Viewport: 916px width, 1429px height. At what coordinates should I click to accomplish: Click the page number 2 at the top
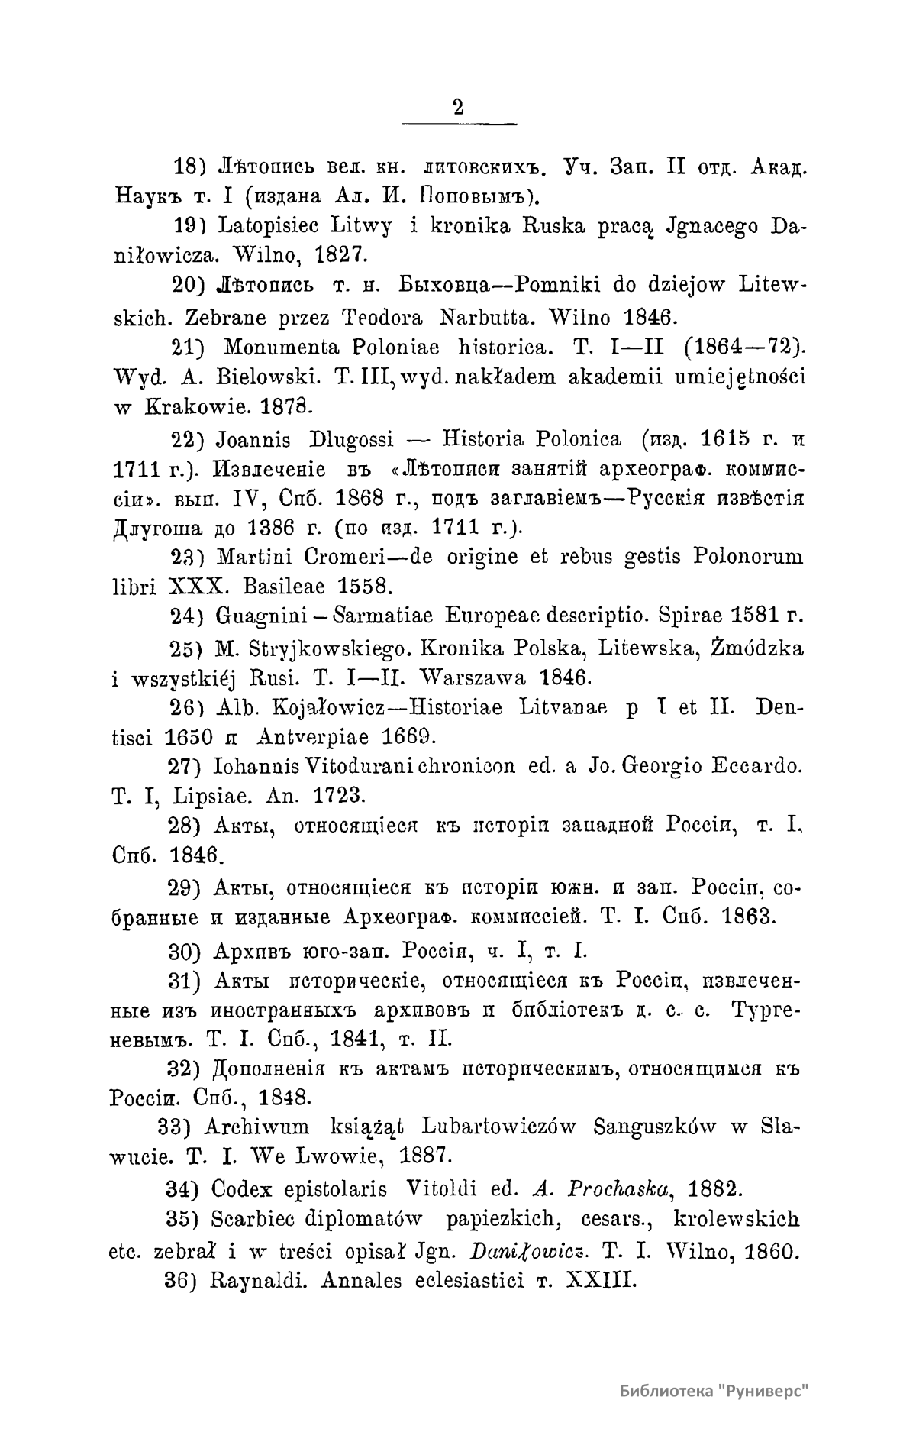(458, 107)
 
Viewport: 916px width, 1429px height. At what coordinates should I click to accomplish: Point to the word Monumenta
(279, 348)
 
